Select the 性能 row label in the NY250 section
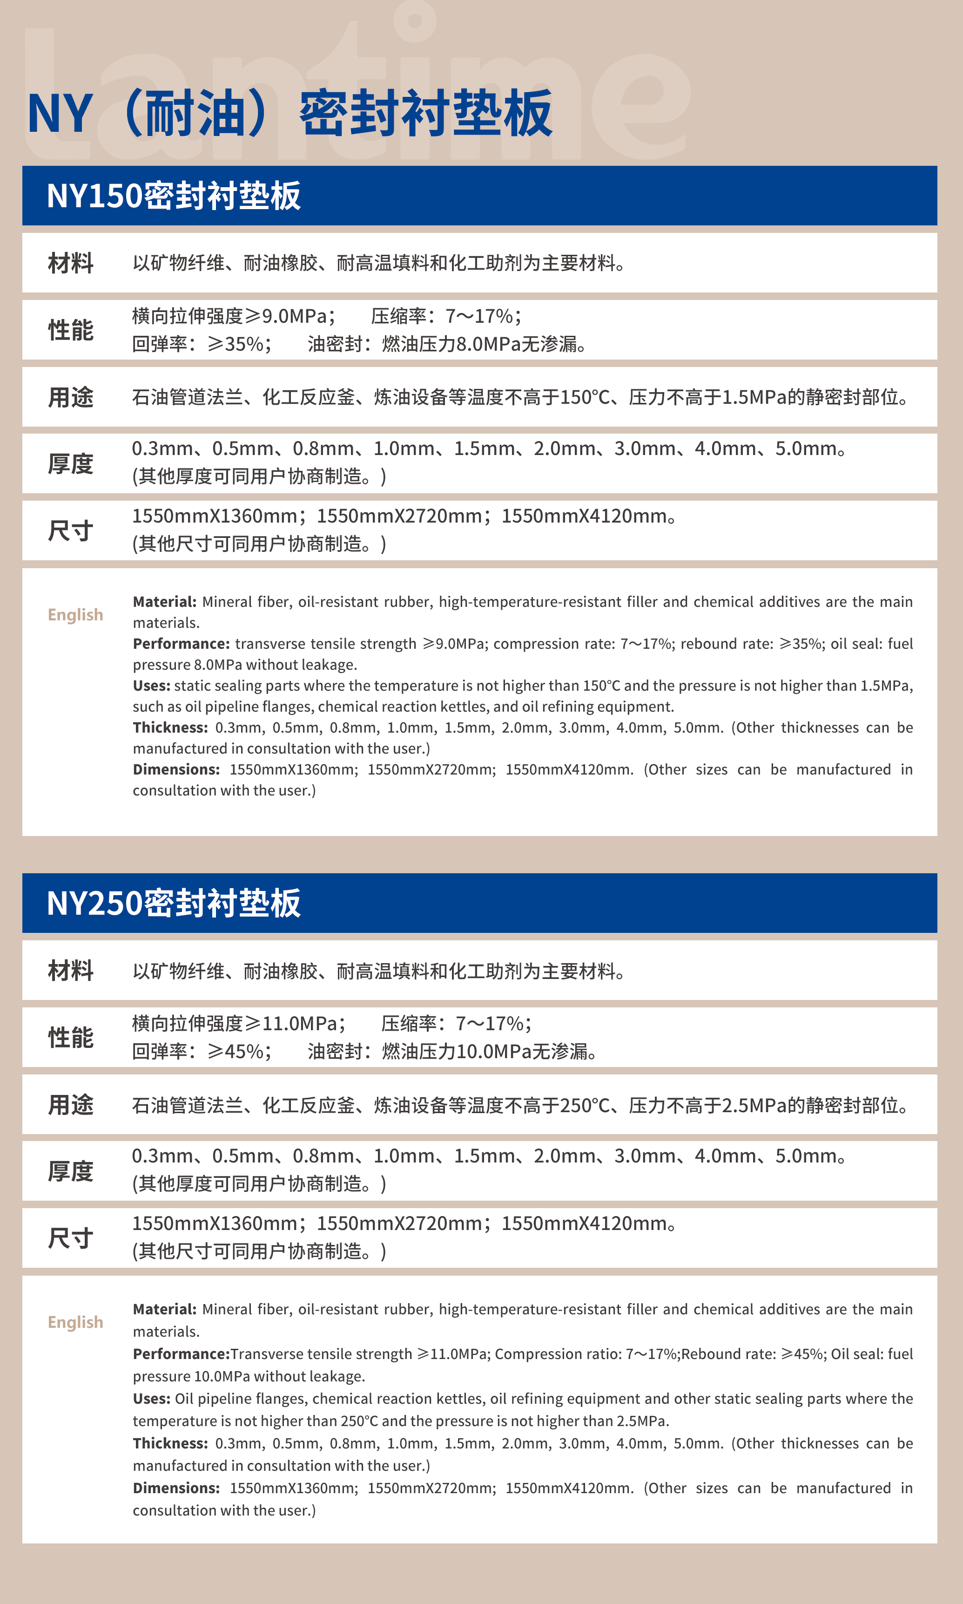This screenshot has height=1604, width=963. click(x=71, y=1037)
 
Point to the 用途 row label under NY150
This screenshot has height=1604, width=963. click(x=71, y=397)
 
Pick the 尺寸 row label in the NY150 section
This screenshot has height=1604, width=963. click(x=71, y=531)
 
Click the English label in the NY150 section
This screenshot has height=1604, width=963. click(x=75, y=615)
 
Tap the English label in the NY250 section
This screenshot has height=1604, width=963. click(x=75, y=1322)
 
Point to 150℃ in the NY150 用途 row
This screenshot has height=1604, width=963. click(x=584, y=397)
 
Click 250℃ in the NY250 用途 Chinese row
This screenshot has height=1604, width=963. click(x=584, y=1105)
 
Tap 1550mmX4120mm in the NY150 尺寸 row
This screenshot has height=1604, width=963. click(x=584, y=516)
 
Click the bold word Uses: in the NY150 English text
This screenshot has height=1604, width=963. click(x=151, y=686)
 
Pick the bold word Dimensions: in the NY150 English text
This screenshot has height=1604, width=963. click(x=176, y=770)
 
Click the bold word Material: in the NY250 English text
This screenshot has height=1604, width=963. click(x=165, y=1309)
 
